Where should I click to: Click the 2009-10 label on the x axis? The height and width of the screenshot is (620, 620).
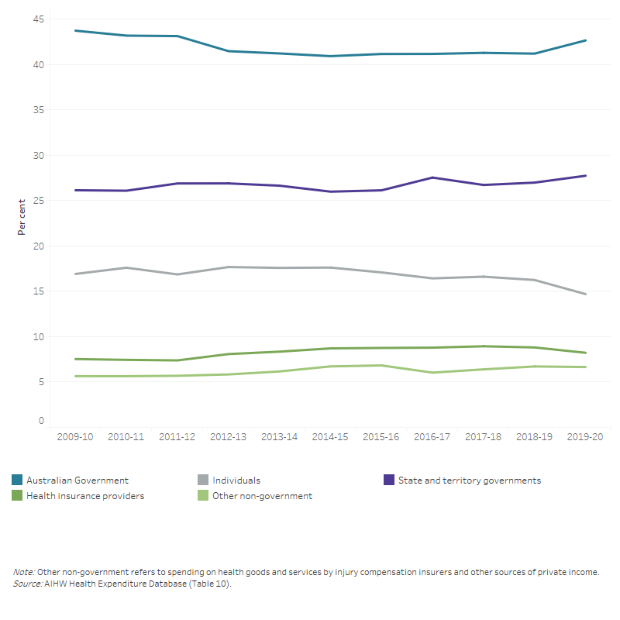coord(74,437)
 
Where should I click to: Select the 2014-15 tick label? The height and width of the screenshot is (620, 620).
coord(329,437)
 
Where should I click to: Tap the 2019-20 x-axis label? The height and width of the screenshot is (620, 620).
coord(584,437)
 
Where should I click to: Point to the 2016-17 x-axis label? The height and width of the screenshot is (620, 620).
coord(432,437)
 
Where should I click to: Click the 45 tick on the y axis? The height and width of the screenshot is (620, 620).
coord(38,19)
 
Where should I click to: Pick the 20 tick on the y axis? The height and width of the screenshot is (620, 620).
coord(38,246)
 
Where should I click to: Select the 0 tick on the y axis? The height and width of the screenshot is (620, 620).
coord(41,421)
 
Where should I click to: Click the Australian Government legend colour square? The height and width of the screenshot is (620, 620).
coord(17,480)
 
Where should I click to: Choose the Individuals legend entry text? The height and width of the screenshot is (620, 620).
coord(236,480)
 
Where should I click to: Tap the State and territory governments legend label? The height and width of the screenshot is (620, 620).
coord(469,480)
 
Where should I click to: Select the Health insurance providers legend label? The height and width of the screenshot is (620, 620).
coord(85,496)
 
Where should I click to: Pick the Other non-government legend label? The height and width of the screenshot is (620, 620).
coord(263,496)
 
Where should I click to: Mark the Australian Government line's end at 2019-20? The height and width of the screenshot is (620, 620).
coord(585,40)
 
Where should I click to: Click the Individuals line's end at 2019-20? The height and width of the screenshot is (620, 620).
coord(585,294)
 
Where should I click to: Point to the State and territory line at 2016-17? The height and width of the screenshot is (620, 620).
coord(432,177)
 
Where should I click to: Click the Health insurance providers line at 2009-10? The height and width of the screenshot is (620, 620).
coord(75,359)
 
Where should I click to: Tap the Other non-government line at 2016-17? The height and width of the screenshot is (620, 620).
coord(432,373)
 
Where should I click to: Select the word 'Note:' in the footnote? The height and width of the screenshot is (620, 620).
coord(24,572)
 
